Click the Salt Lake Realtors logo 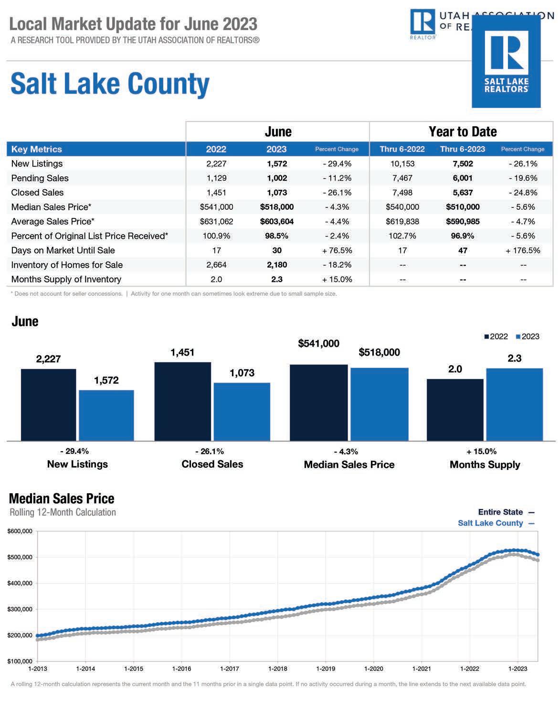click(506, 61)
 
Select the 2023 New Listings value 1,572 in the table click(277, 164)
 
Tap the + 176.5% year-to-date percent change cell click(523, 250)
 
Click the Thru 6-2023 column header click(462, 149)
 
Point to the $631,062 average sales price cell click(216, 222)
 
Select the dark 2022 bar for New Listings click(49, 405)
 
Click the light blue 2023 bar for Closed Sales click(242, 412)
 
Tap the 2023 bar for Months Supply click(515, 405)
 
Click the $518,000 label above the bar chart click(379, 352)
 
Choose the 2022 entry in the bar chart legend click(496, 336)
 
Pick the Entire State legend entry click(506, 512)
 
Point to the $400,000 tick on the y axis click(20, 583)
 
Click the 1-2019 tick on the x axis click(326, 669)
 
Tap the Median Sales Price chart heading click(62, 498)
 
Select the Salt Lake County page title click(110, 84)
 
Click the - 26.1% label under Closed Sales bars click(210, 452)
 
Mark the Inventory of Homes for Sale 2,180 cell click(277, 265)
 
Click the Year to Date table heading click(463, 132)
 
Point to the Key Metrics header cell click(37, 149)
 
